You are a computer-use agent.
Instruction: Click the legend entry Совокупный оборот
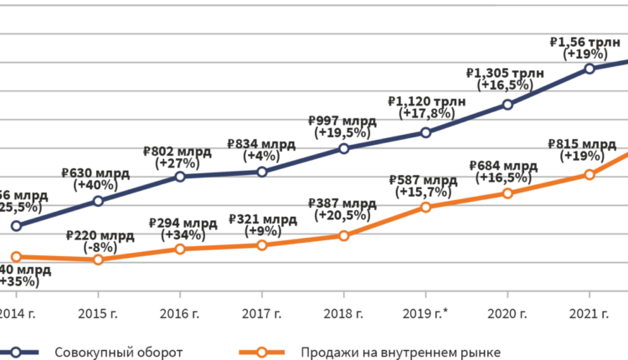click(x=118, y=351)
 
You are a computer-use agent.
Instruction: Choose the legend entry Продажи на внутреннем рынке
click(x=402, y=351)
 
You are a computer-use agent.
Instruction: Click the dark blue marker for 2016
click(x=180, y=177)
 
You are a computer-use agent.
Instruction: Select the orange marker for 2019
click(x=425, y=207)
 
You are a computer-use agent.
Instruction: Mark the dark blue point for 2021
click(x=589, y=68)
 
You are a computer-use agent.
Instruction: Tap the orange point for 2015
click(x=98, y=260)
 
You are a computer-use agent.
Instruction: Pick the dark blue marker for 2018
click(x=343, y=149)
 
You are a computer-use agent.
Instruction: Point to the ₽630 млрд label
click(x=95, y=173)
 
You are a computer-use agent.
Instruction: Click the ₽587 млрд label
click(x=424, y=181)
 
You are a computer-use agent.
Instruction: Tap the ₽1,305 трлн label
click(x=505, y=73)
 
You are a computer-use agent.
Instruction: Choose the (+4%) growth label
click(x=261, y=156)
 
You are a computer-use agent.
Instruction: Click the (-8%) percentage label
click(x=98, y=248)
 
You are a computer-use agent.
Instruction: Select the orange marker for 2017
click(x=262, y=245)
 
